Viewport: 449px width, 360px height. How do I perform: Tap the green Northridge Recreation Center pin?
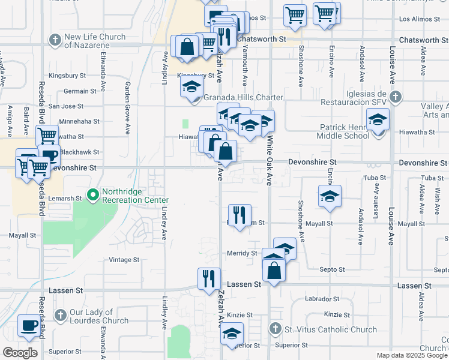click(93, 195)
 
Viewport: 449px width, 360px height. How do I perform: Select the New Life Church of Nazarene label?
click(95, 41)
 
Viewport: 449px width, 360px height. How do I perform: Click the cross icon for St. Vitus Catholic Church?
click(274, 329)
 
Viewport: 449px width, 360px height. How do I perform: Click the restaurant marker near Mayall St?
click(240, 214)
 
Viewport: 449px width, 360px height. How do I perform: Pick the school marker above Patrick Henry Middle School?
click(378, 119)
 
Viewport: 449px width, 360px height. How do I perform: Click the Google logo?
click(20, 353)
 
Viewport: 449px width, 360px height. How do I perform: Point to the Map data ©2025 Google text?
click(412, 355)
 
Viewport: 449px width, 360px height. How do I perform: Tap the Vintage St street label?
click(124, 260)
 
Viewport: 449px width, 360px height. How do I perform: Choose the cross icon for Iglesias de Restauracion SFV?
click(395, 97)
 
